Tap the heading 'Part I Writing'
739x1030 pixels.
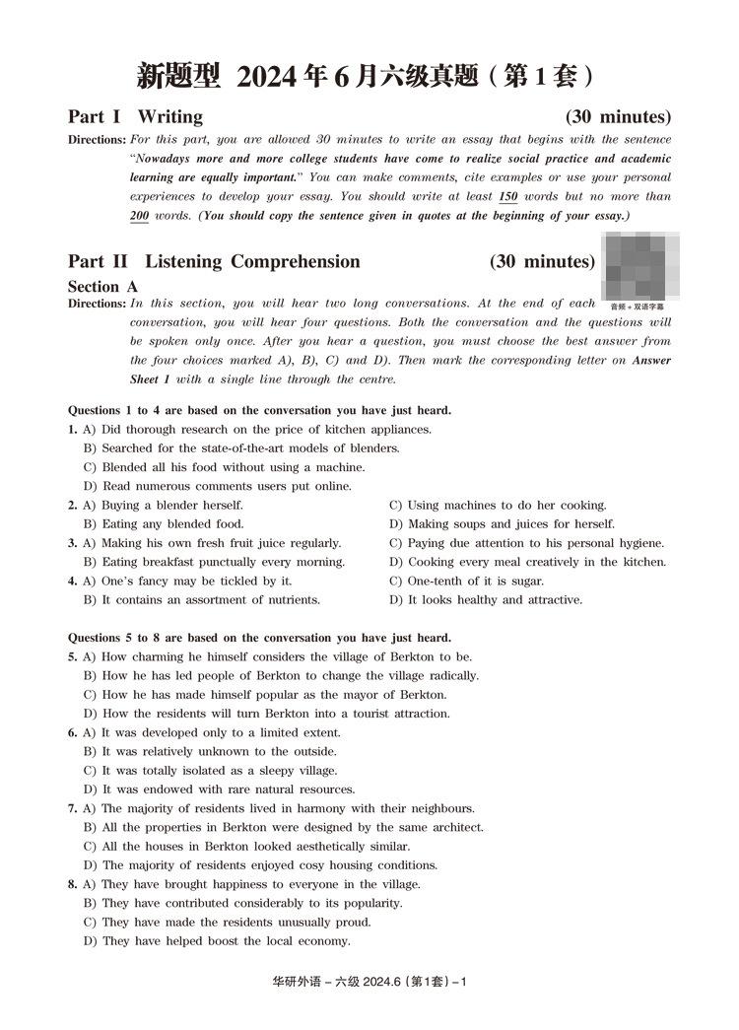pos(135,116)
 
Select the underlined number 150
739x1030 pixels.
pos(508,196)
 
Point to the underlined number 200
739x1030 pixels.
pos(139,215)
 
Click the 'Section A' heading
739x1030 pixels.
pos(102,287)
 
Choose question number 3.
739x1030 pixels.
pos(72,543)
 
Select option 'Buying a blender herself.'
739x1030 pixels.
pos(163,506)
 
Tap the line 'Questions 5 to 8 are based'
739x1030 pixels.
pos(259,638)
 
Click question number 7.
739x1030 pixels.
pos(72,808)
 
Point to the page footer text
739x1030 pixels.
pos(368,982)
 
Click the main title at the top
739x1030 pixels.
pos(369,75)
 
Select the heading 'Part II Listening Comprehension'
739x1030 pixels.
pos(214,261)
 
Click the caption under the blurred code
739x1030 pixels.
pos(638,307)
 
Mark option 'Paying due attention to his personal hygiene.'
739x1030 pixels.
pos(526,543)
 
